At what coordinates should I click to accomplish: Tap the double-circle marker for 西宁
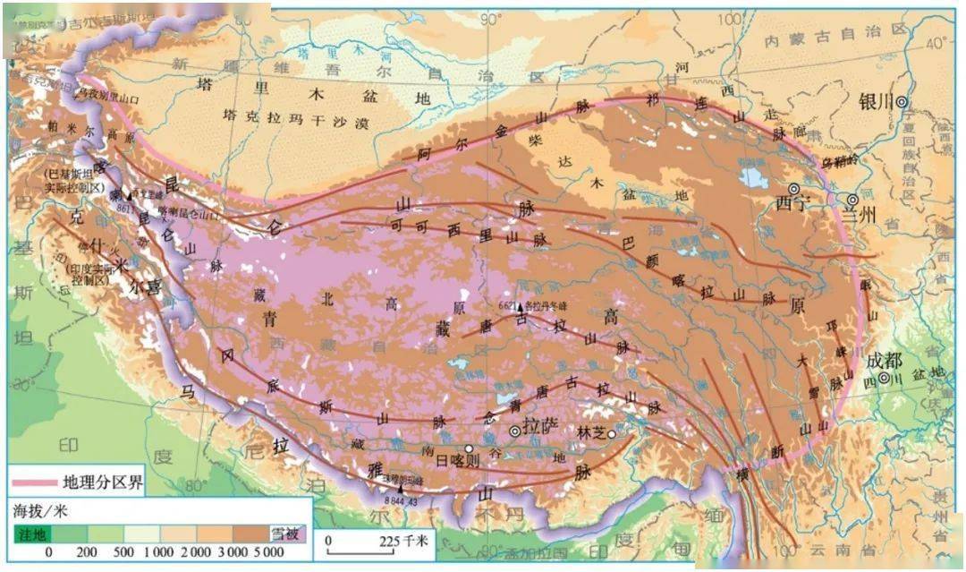pos(792,189)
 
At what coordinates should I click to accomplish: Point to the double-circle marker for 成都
pos(884,378)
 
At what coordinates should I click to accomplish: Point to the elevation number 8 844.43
pos(401,501)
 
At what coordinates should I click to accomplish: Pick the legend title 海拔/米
pos(39,511)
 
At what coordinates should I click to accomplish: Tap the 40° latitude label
pos(939,43)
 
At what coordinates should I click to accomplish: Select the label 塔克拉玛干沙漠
pos(295,120)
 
